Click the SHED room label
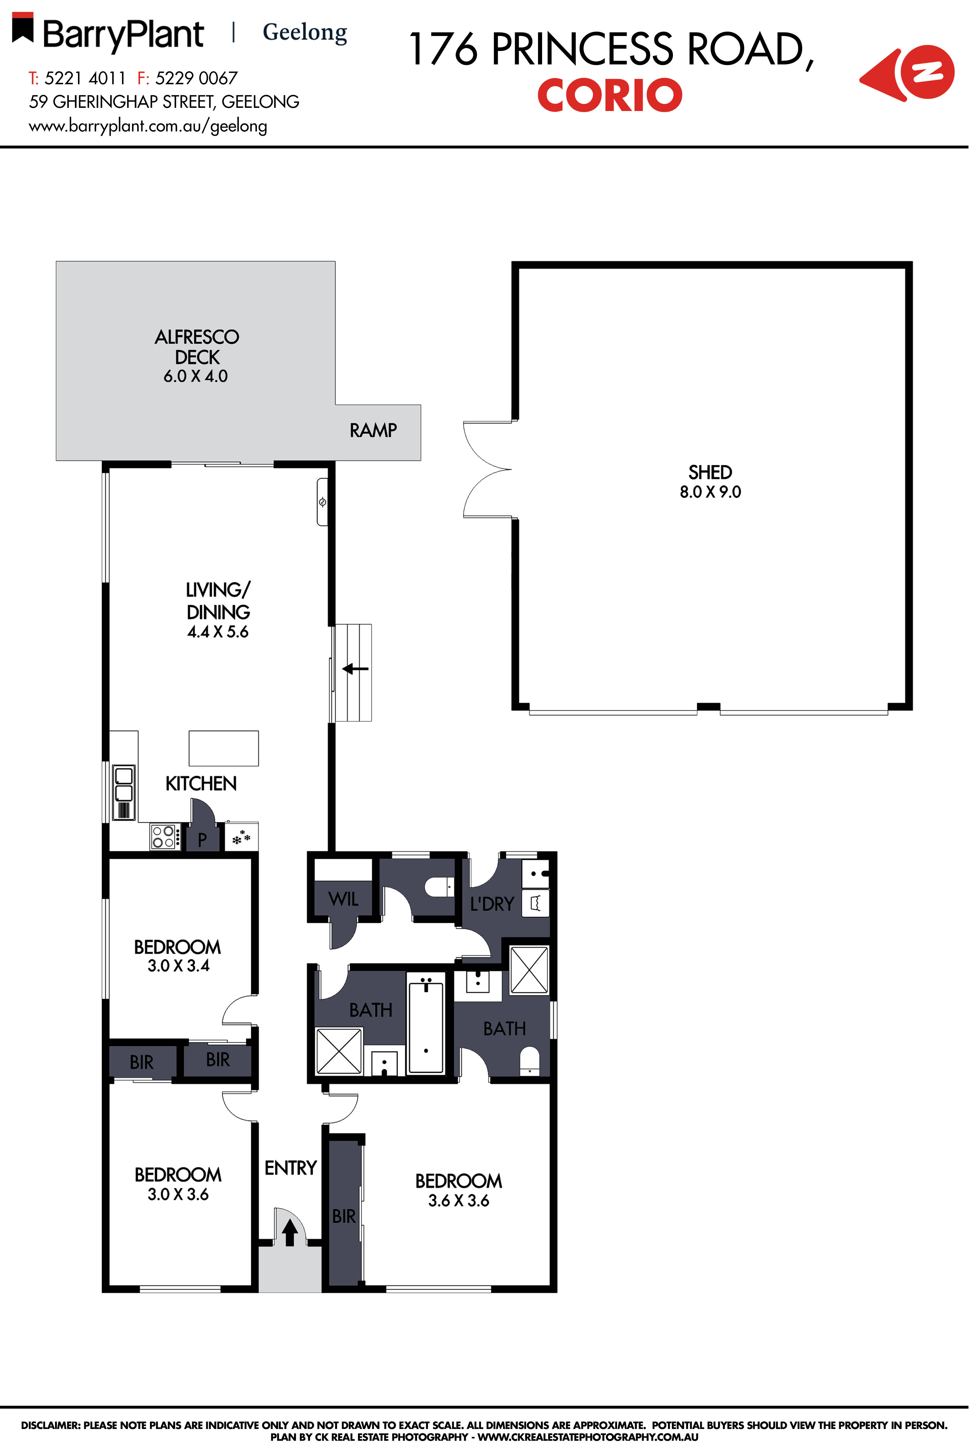710,472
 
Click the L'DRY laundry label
492,904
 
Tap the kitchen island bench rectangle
224,748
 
